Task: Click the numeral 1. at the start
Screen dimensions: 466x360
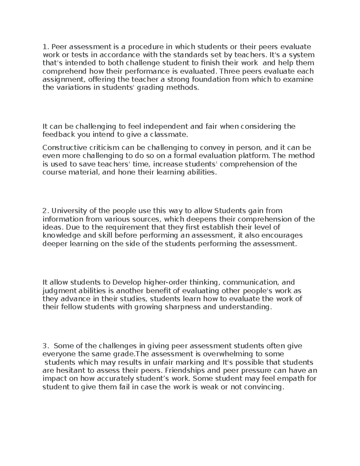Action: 45,47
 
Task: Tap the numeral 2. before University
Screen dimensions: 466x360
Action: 45,211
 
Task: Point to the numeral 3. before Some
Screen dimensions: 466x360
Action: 45,346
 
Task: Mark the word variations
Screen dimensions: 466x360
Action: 72,88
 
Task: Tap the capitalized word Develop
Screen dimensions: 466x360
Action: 127,282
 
